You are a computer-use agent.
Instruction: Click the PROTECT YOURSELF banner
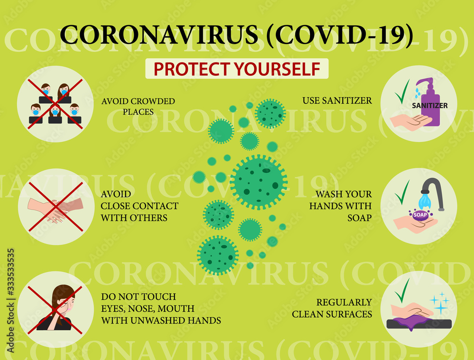237,69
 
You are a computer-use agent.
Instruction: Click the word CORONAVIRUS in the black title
159,36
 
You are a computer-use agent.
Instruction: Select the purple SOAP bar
420,215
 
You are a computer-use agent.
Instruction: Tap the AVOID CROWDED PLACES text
138,106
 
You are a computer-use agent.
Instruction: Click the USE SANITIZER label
337,100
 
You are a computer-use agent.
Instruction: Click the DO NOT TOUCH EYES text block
160,308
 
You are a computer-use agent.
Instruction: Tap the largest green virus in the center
258,181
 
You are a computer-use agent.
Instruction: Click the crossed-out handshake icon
55,207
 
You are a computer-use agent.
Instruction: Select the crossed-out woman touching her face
55,308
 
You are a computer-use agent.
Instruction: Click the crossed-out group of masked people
55,104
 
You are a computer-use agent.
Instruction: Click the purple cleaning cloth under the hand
411,323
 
